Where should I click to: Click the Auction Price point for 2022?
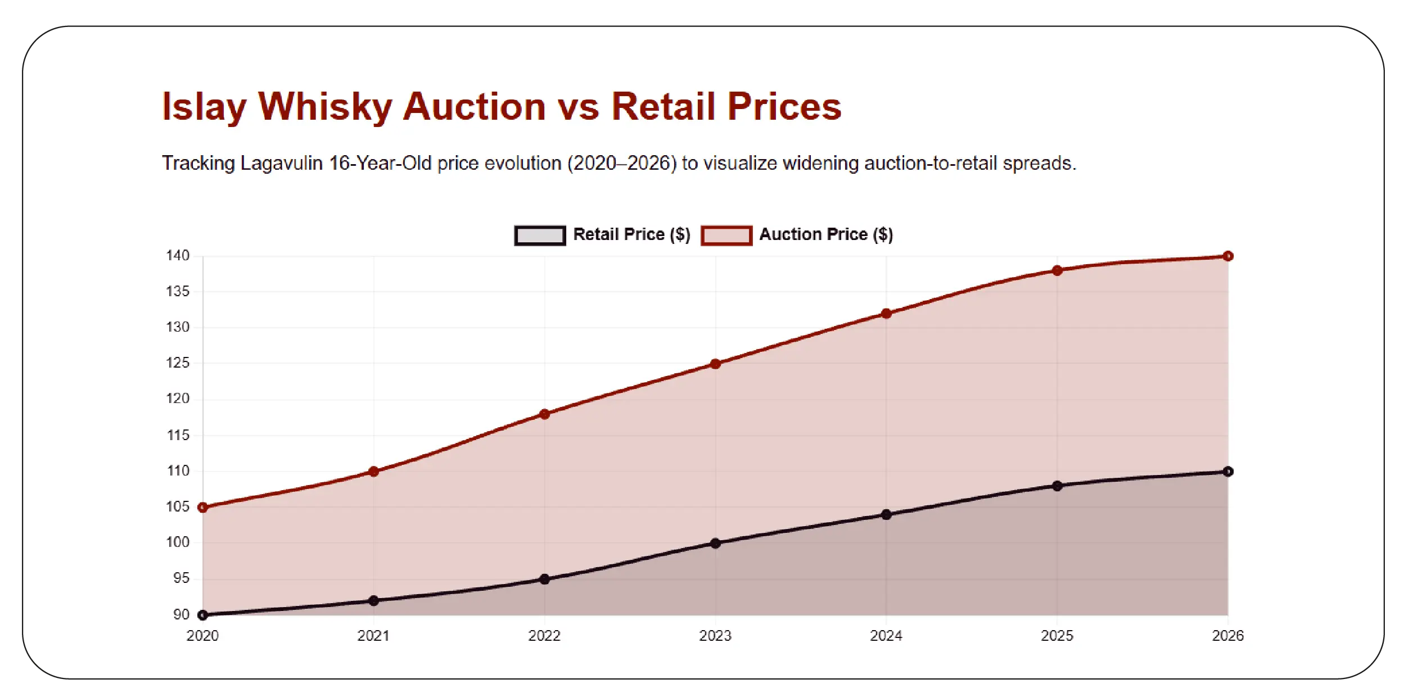point(544,414)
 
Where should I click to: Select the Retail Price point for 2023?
point(715,544)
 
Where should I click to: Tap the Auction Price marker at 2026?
point(1228,256)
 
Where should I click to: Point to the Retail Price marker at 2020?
point(203,615)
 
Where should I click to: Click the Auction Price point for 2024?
point(886,314)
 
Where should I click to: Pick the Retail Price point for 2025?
point(1057,486)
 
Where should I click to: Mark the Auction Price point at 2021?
point(374,472)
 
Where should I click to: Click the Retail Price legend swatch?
point(540,236)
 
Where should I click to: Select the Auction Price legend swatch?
point(726,236)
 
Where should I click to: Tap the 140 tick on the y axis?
point(178,256)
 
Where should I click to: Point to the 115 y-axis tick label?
point(178,435)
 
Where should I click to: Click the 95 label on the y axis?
point(181,578)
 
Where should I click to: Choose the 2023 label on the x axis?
point(715,636)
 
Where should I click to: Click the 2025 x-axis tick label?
point(1057,636)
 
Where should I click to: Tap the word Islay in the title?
point(204,107)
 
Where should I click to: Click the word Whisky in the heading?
point(325,107)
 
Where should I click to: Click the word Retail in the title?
point(663,107)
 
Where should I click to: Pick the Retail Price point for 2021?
point(374,601)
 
